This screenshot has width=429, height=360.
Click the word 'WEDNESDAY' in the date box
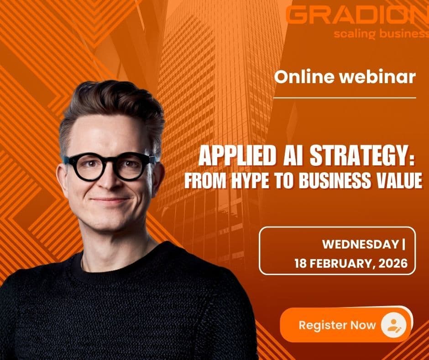[361, 244]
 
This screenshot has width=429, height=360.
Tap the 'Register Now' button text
[337, 325]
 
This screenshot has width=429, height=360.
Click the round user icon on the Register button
[393, 325]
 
